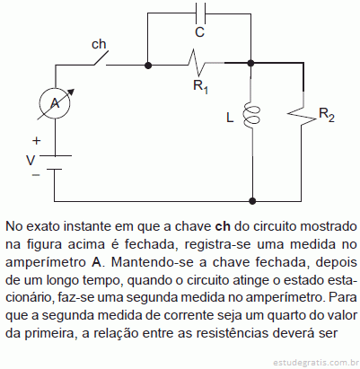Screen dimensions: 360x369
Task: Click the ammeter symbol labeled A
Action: pos(55,103)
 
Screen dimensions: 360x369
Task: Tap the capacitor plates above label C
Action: pos(200,13)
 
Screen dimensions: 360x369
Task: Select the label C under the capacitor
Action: pos(199,32)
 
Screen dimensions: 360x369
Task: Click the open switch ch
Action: pos(101,58)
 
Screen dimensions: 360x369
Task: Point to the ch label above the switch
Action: pos(99,44)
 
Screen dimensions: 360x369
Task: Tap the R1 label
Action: pos(200,87)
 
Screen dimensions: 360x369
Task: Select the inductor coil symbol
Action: pos(251,115)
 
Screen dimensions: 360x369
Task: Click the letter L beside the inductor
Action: pos(230,118)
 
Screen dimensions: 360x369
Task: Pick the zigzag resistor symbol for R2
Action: pos(302,116)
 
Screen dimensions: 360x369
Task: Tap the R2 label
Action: pos(327,115)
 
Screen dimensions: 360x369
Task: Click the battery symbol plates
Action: pos(55,163)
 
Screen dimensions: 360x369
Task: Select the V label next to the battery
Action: pos(31,161)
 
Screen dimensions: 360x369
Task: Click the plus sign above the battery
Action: pos(36,140)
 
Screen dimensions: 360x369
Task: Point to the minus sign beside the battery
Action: pos(36,175)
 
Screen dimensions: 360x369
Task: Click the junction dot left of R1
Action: pos(148,65)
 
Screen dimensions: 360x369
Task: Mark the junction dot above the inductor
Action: pos(250,63)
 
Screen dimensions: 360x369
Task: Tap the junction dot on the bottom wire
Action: pos(252,200)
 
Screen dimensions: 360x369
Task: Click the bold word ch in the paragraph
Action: pos(223,226)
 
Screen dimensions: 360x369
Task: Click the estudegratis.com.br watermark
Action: pos(316,363)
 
